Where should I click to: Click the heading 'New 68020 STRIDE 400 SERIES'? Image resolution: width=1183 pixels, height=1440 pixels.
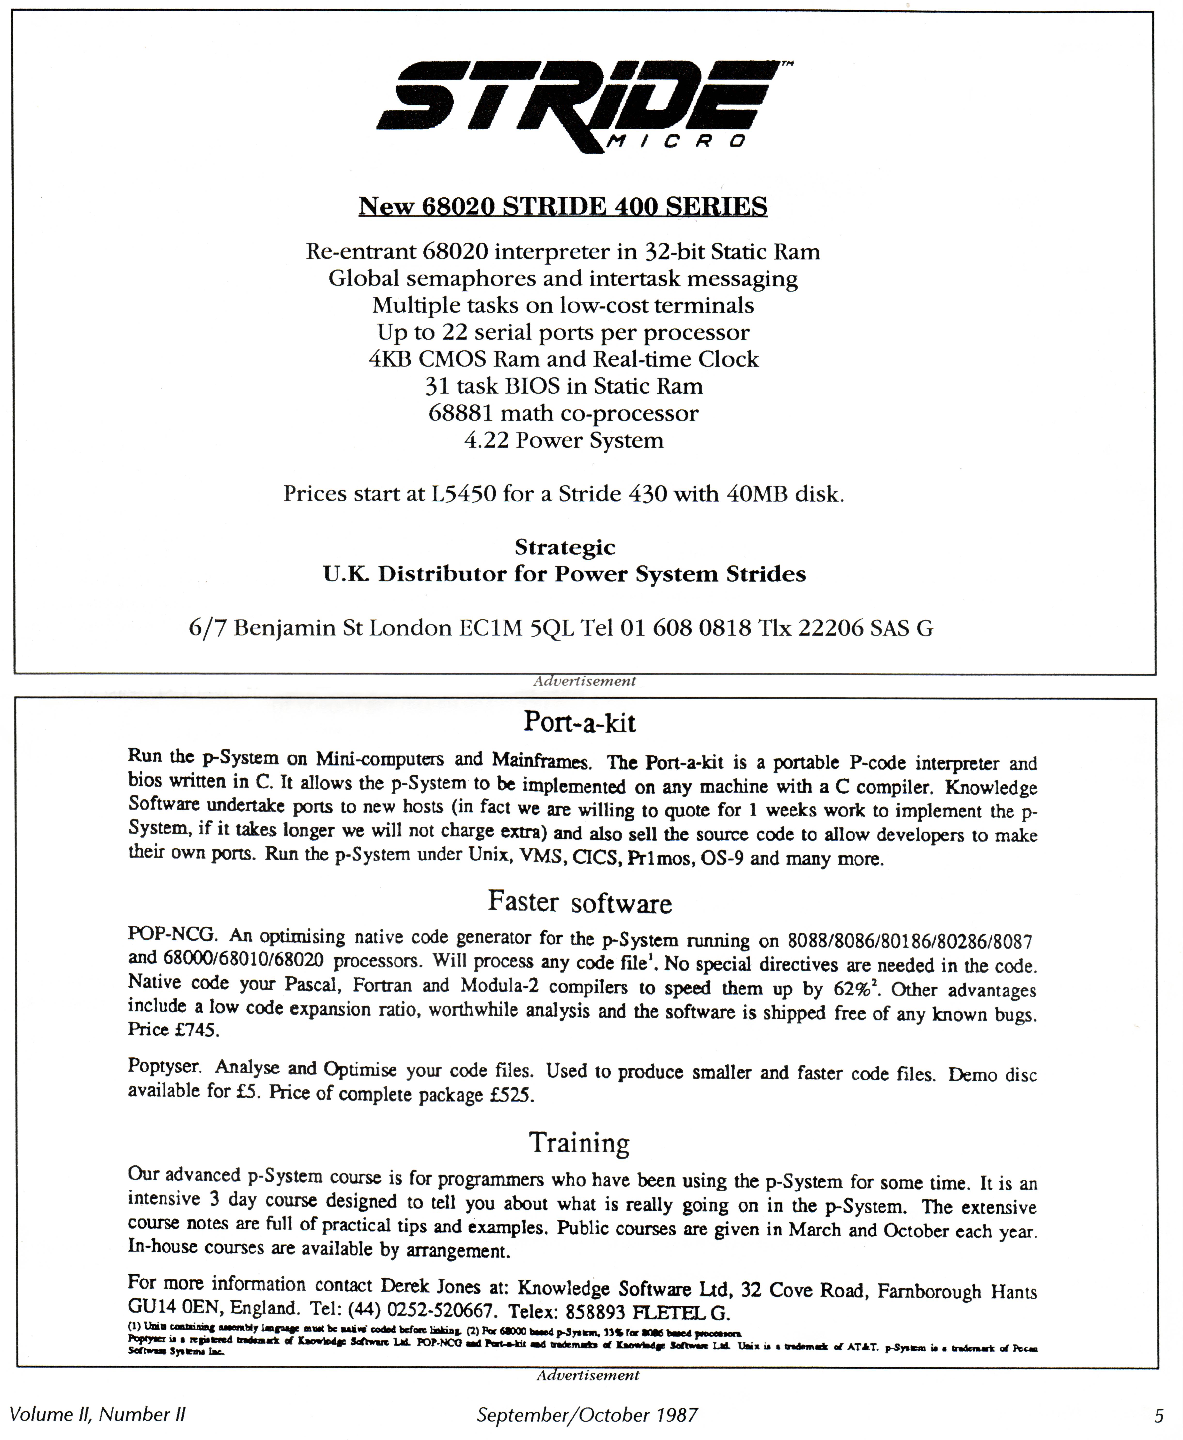563,206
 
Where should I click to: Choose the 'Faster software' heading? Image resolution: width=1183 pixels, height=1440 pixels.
579,903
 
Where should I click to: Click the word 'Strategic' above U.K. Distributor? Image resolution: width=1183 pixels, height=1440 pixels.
564,547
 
